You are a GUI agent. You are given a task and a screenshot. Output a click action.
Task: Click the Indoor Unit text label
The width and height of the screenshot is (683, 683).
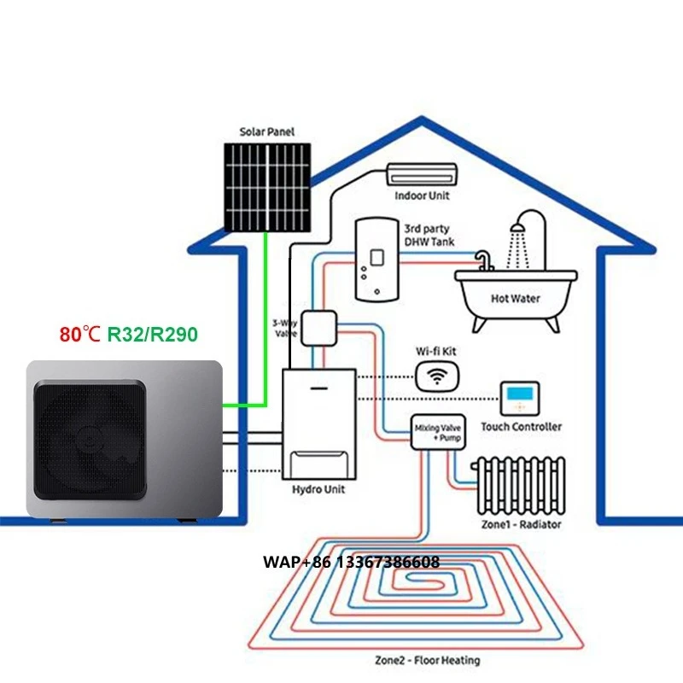pos(422,196)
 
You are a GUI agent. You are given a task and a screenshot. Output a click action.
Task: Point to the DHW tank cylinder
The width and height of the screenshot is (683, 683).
pos(377,258)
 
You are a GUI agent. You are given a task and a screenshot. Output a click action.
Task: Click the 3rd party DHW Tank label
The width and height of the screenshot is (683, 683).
pos(429,235)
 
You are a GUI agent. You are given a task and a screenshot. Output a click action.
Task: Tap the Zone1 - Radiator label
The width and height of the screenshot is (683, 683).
pos(521,524)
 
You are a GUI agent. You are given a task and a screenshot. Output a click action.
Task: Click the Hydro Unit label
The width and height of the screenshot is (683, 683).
pos(318,490)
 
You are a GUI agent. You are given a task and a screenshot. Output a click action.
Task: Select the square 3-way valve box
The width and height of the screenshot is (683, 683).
pos(321,328)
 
